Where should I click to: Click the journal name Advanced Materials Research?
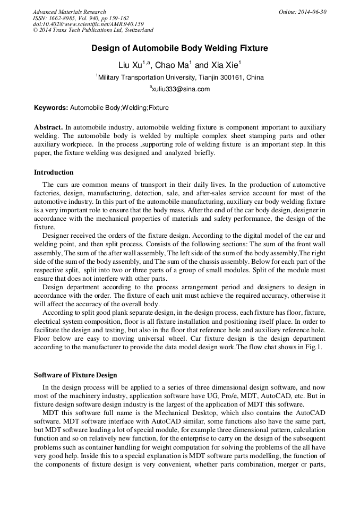pos(69,12)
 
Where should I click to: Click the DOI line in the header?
pos(88,24)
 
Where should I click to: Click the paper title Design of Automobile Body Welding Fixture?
pos(179,48)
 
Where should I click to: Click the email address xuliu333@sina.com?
pos(181,89)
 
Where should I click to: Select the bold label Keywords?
pos(51,108)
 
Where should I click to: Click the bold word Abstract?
pos(48,128)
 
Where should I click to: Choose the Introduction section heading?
pos(54,172)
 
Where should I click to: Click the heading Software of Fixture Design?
pos(75,375)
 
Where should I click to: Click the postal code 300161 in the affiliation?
pos(232,77)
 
